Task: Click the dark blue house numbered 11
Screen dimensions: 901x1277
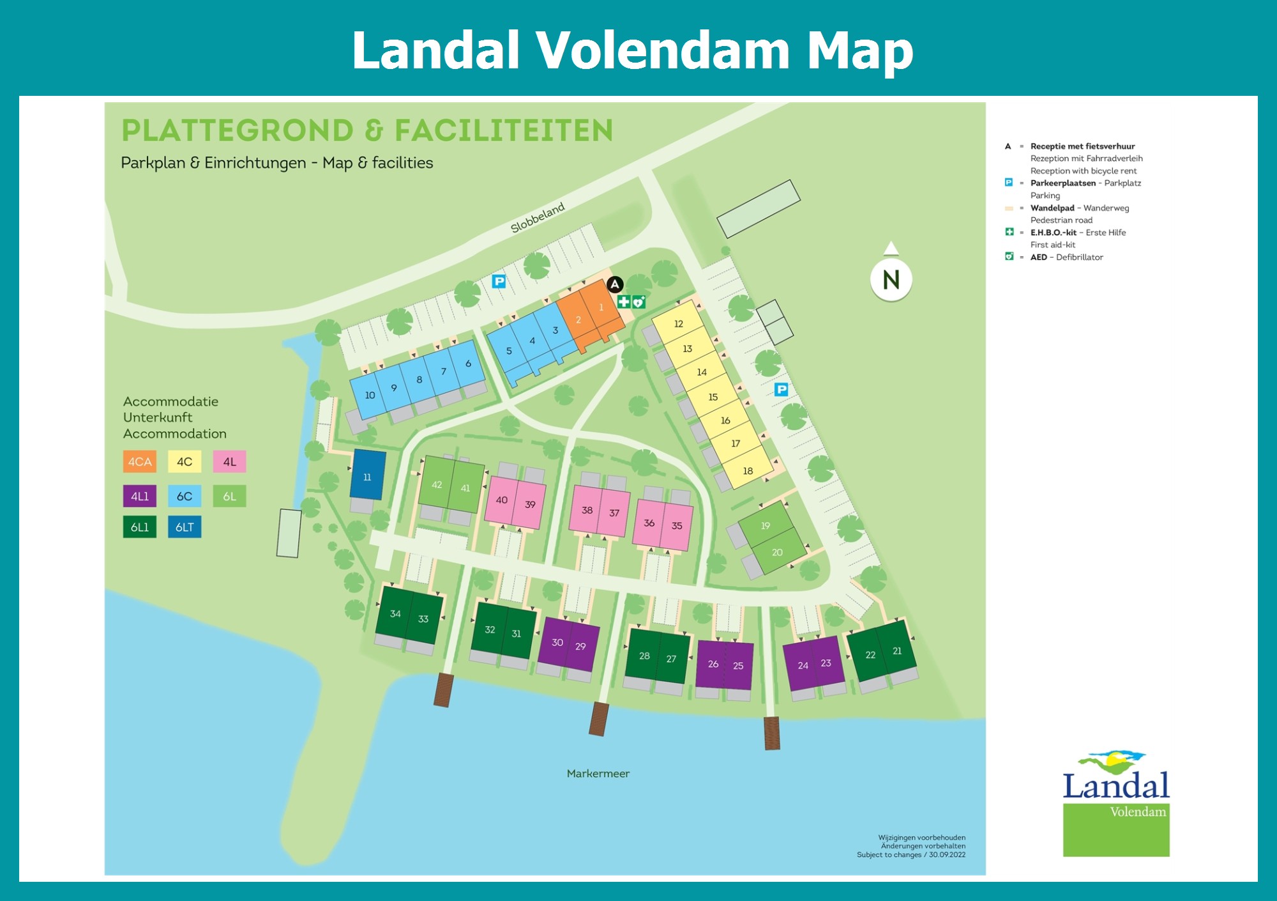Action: tap(368, 475)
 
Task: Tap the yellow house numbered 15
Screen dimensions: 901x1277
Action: tap(713, 397)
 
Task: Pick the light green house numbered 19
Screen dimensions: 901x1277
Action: tap(765, 525)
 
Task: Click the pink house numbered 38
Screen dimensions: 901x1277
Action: tap(586, 509)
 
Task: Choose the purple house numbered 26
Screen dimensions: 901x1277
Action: tap(713, 664)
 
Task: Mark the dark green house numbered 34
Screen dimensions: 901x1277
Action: tap(395, 613)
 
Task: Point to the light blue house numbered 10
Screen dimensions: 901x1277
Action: tap(369, 395)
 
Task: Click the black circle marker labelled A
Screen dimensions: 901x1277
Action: tap(615, 284)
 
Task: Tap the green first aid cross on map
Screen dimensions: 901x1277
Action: tap(624, 302)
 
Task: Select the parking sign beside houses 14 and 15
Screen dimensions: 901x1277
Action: tap(781, 389)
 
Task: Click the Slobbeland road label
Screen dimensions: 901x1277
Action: tap(538, 217)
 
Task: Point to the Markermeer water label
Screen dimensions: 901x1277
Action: tap(598, 773)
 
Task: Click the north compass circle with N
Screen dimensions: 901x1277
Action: tap(891, 279)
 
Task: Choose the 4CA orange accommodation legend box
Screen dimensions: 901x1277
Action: tap(140, 461)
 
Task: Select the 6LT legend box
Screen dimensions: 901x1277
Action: tap(185, 527)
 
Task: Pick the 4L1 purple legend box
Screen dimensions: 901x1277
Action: tap(140, 496)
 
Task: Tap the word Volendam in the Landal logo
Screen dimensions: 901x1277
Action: tap(1137, 812)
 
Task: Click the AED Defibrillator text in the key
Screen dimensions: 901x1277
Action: tap(1066, 257)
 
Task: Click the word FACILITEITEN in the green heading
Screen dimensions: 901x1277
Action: tap(503, 130)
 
